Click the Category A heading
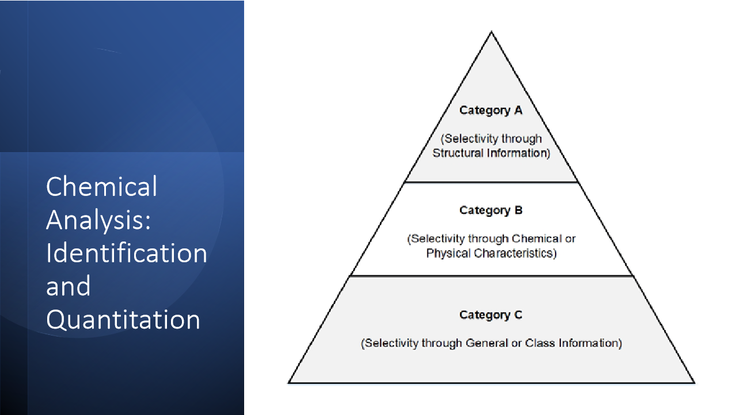(491, 111)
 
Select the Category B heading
(491, 210)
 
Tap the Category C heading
(491, 315)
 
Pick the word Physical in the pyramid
(448, 253)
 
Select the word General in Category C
(488, 343)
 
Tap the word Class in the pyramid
(537, 343)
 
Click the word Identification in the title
(127, 253)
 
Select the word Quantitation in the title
(123, 320)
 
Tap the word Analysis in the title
(98, 220)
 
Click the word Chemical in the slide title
(102, 187)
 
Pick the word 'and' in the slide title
(69, 286)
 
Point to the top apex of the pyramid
(491, 32)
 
